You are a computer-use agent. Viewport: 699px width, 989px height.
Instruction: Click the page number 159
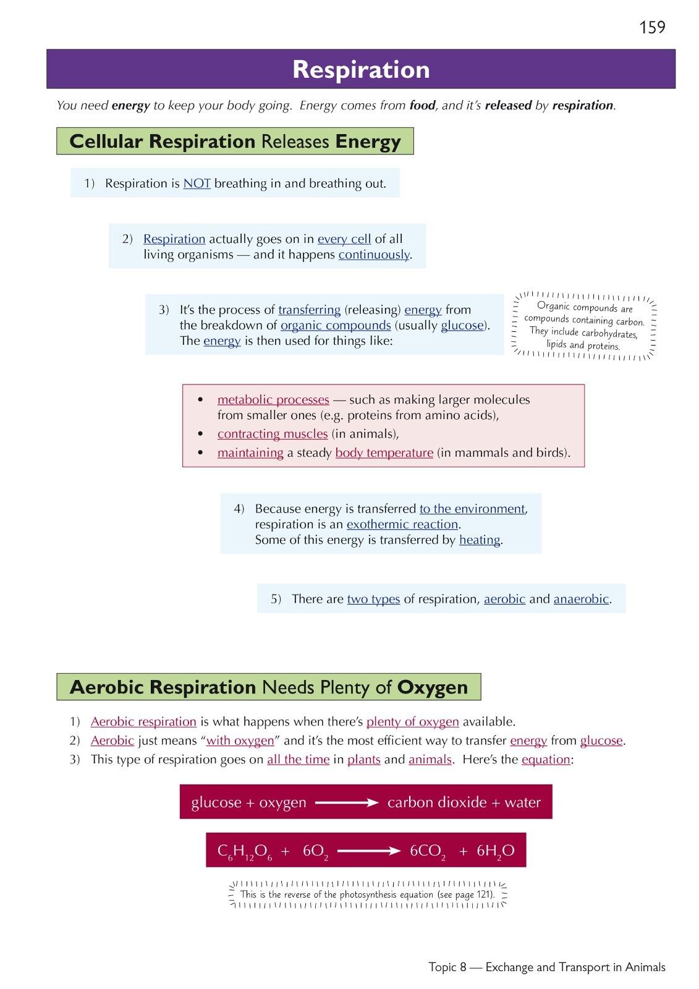pyautogui.click(x=652, y=27)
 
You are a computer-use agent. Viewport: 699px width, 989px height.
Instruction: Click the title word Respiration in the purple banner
pyautogui.click(x=361, y=69)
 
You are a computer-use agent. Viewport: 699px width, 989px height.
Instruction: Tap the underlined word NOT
pyautogui.click(x=197, y=184)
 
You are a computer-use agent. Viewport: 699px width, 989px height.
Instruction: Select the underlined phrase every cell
pyautogui.click(x=344, y=239)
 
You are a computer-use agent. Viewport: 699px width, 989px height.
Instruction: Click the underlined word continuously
pyautogui.click(x=374, y=255)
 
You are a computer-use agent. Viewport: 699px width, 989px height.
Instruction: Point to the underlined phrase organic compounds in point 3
pyautogui.click(x=336, y=326)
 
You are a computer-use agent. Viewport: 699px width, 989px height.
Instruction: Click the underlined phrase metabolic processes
pyautogui.click(x=273, y=400)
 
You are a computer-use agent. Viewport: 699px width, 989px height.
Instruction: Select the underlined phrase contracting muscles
pyautogui.click(x=273, y=434)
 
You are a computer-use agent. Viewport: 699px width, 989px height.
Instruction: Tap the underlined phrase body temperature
pyautogui.click(x=384, y=453)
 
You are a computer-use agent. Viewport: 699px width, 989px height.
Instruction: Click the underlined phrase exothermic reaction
pyautogui.click(x=402, y=525)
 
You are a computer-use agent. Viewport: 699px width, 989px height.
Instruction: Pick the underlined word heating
pyautogui.click(x=480, y=540)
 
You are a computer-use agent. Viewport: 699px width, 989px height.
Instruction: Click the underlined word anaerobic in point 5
pyautogui.click(x=581, y=599)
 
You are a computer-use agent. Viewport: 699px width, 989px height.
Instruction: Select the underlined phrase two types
pyautogui.click(x=373, y=599)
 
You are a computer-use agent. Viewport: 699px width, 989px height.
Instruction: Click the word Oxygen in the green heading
pyautogui.click(x=433, y=687)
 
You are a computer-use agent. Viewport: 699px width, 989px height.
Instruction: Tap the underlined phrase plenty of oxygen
pyautogui.click(x=412, y=722)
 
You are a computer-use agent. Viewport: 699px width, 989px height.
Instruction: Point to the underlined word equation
pyautogui.click(x=546, y=760)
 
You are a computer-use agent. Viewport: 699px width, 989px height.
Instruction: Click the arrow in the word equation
pyautogui.click(x=347, y=803)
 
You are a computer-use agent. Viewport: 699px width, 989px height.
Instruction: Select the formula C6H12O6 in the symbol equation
pyautogui.click(x=245, y=852)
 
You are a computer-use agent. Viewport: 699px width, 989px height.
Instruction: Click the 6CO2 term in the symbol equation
pyautogui.click(x=427, y=852)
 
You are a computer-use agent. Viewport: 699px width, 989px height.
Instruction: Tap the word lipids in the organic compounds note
pyautogui.click(x=556, y=344)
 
